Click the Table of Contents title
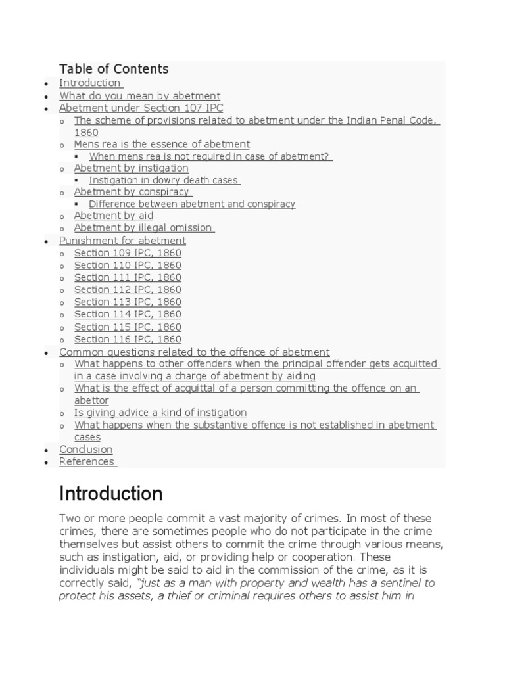tap(114, 69)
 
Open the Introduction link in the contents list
tap(90, 83)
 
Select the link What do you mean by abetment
tap(139, 95)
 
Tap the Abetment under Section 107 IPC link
tap(141, 108)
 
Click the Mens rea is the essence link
tap(162, 144)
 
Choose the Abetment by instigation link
tap(131, 168)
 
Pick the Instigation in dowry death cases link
tap(164, 180)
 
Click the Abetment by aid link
tap(113, 216)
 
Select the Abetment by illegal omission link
tap(143, 228)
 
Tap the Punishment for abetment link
tap(122, 241)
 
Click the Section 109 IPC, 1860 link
tap(128, 253)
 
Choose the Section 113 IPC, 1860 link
tap(128, 302)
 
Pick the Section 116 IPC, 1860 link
tap(128, 339)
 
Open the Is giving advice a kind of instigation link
tap(160, 413)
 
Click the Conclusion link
tap(85, 450)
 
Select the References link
tap(87, 461)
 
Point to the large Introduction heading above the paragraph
tap(110, 494)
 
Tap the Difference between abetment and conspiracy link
tap(192, 204)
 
